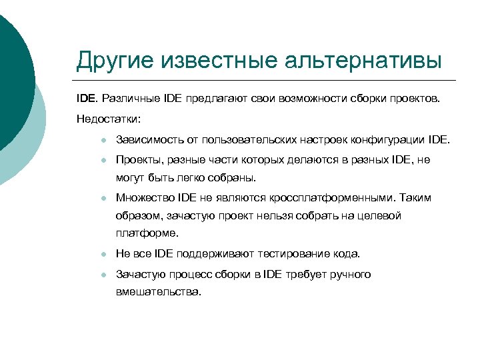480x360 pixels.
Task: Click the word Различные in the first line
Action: pyautogui.click(x=131, y=99)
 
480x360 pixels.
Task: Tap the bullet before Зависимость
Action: pyautogui.click(x=96, y=141)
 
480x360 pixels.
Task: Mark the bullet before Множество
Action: pyautogui.click(x=96, y=199)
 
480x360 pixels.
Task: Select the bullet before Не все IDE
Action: pyautogui.click(x=96, y=255)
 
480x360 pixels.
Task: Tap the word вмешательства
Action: pyautogui.click(x=158, y=292)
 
